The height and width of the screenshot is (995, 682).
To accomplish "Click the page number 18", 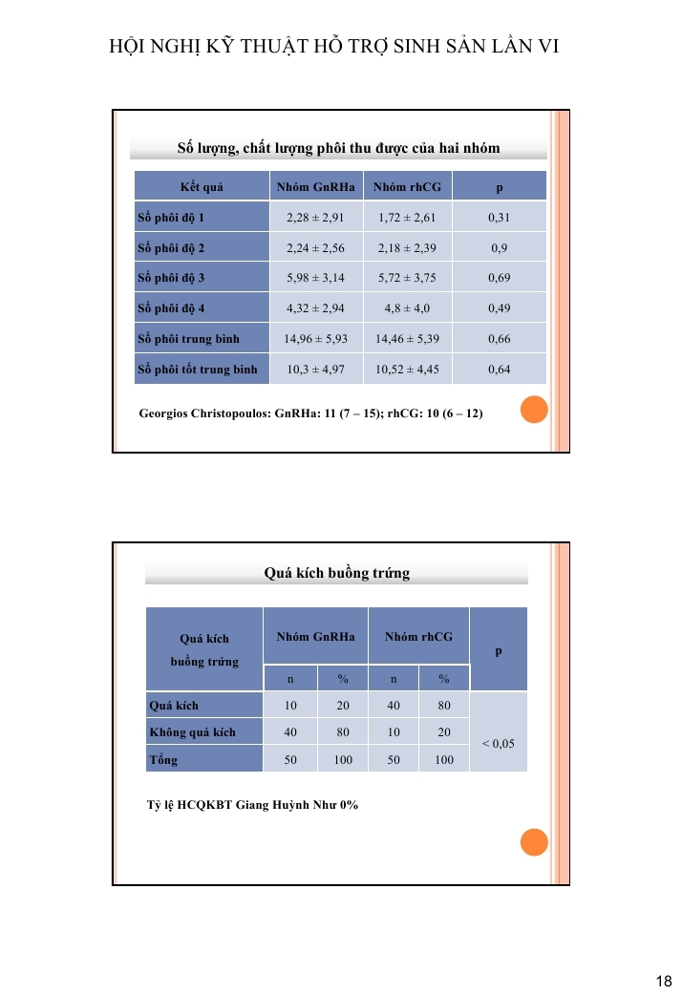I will click(665, 981).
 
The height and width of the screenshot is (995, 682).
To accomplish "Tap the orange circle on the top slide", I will click(534, 410).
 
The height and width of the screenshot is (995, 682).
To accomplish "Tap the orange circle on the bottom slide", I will click(534, 842).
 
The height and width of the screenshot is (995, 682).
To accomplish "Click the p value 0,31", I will click(499, 218).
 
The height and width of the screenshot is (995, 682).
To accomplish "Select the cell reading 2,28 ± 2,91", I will click(315, 218).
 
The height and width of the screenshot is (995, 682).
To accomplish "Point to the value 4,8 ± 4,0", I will click(407, 308).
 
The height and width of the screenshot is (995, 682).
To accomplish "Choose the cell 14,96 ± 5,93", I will click(315, 339).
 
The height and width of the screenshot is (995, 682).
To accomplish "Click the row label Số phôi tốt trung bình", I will click(198, 370).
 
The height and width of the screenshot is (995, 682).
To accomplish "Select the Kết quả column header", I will click(201, 187).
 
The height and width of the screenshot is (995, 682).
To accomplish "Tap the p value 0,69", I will click(499, 278).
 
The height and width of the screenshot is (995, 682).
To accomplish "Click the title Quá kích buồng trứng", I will click(336, 574).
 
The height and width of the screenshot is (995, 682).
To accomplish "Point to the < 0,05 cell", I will click(499, 742).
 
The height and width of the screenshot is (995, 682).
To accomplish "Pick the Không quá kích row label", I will click(193, 732).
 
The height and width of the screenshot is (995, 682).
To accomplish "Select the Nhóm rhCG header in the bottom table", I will click(418, 636).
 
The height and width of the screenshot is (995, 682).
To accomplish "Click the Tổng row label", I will click(163, 760).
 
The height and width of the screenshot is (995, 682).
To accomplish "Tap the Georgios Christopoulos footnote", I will click(311, 414).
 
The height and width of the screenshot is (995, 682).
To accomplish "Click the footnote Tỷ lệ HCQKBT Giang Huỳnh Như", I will click(252, 805).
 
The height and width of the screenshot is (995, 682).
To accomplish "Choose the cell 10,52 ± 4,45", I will click(407, 370).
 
